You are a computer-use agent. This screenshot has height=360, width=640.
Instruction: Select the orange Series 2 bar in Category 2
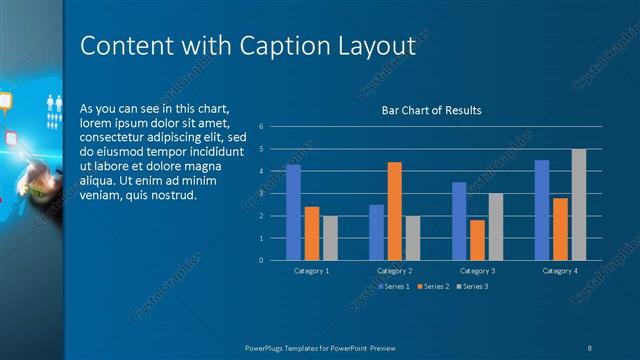pos(394,211)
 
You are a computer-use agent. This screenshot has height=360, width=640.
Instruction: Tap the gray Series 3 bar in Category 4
pos(579,205)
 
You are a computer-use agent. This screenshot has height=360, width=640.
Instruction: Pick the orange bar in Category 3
pos(477,240)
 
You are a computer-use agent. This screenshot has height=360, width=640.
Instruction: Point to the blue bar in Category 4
pos(542,210)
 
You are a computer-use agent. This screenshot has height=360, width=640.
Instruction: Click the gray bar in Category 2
pos(412,238)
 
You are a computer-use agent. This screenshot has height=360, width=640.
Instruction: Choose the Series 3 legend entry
pos(472,287)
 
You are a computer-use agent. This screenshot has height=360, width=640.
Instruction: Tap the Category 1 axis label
pos(312,270)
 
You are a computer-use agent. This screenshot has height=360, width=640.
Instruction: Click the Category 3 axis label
pos(477,270)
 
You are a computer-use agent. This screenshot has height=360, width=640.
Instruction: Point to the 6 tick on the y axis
pos(260,126)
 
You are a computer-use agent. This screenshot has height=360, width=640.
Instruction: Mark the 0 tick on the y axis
pos(260,260)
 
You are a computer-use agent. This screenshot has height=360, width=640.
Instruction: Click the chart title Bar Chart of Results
pos(431,110)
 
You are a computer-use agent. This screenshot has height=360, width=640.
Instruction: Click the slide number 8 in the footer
pos(590,347)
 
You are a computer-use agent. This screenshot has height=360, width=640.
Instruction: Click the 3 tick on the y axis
pos(260,193)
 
